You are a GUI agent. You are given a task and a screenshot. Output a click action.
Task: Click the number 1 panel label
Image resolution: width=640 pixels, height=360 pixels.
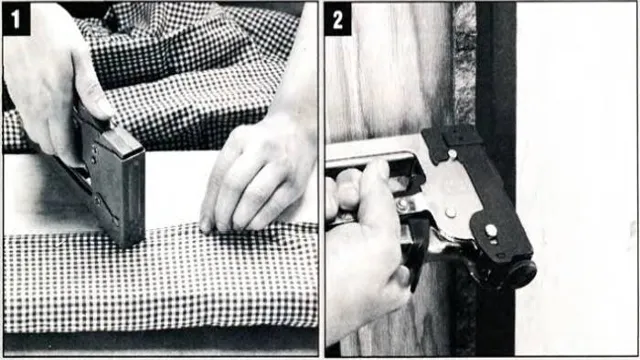(16, 18)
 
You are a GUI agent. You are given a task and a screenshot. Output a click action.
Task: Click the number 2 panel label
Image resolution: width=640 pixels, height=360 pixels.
(338, 19)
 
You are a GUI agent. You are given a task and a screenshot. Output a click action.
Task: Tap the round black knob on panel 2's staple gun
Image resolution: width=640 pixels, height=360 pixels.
(521, 274)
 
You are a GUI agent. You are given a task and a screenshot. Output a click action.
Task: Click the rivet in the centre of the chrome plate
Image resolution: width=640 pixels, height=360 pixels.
(451, 213)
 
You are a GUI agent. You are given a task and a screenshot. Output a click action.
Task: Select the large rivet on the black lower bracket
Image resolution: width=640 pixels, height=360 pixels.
(491, 231)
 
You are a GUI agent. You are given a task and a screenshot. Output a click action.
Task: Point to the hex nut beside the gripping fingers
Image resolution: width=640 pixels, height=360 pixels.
(402, 205)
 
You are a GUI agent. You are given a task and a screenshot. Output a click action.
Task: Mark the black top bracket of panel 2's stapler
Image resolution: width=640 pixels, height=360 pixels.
(451, 141)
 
